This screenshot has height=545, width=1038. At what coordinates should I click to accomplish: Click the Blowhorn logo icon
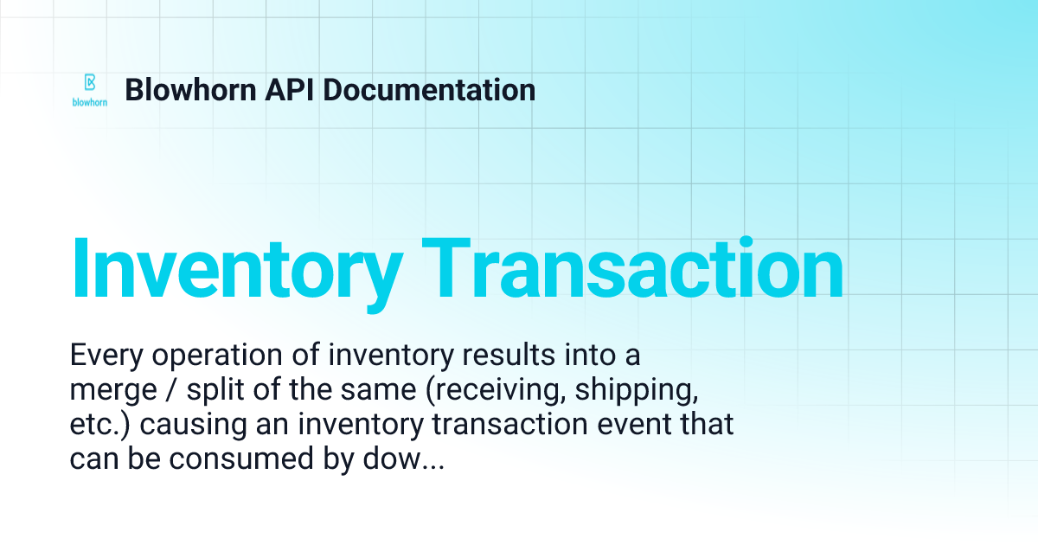[89, 83]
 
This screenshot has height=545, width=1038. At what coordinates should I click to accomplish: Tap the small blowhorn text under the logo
[89, 102]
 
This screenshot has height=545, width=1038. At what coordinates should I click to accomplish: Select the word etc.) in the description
[97, 425]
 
